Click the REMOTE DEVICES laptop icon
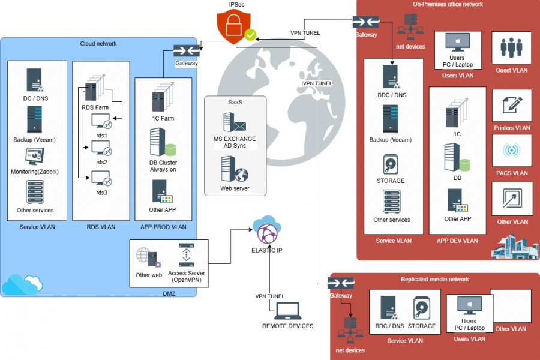tap(287, 310)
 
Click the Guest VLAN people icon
tap(511, 47)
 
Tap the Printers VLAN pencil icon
tap(511, 105)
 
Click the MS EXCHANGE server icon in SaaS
tap(234, 122)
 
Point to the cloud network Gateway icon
tap(187, 50)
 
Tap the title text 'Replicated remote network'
tap(434, 280)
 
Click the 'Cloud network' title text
tap(98, 44)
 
